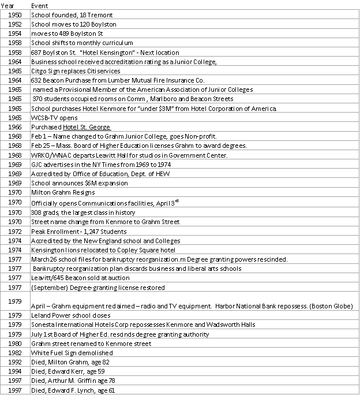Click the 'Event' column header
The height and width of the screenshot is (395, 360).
coord(39,5)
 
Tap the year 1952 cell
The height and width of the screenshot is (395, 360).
coord(16,24)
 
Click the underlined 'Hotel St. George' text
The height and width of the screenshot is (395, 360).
coord(87,127)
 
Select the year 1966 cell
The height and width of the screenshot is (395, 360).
coord(16,127)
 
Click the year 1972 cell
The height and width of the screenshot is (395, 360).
coord(16,232)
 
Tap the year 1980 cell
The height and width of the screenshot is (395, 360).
coord(16,344)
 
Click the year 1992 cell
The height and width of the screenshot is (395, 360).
coord(16,362)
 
